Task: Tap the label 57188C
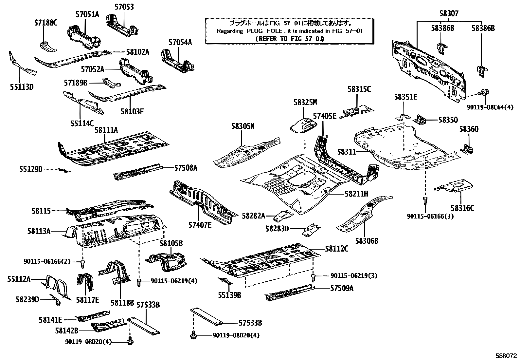tap(46, 23)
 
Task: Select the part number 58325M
tap(305, 103)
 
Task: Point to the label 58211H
tap(356, 194)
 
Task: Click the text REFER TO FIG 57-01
tap(289, 39)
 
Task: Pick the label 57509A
tap(342, 288)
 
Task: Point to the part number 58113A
tap(39, 231)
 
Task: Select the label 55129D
tap(31, 169)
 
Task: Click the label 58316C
tap(462, 208)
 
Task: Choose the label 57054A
tap(180, 42)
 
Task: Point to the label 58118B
tap(122, 303)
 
